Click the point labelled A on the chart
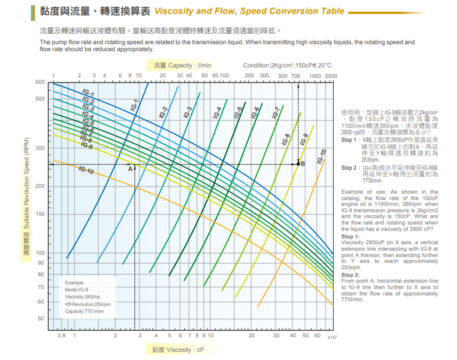(x=130, y=169)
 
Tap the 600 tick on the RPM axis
(x=40, y=82)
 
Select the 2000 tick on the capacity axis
(x=331, y=76)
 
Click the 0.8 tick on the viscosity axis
(x=62, y=336)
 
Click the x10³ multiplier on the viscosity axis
(x=332, y=337)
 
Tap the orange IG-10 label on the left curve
(x=86, y=170)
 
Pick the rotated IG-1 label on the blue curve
(x=135, y=105)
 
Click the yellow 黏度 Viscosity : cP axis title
(x=178, y=350)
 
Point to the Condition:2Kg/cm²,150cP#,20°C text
(x=287, y=66)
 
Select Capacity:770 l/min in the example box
(x=84, y=311)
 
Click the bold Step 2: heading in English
(x=351, y=275)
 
